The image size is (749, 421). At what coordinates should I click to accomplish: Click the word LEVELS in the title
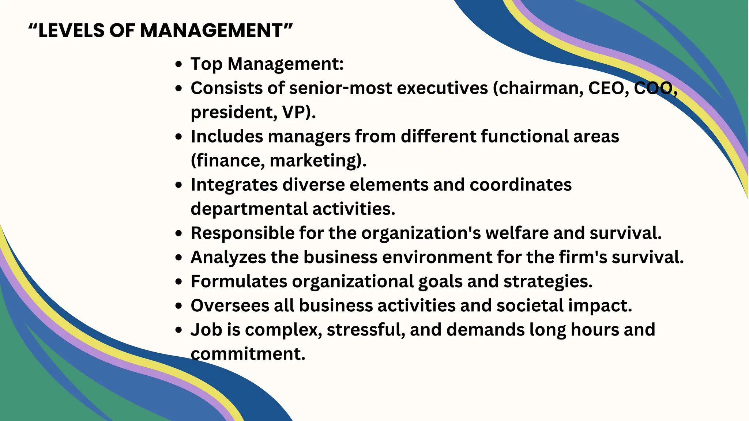point(71,30)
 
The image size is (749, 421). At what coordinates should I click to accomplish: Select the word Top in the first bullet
point(206,64)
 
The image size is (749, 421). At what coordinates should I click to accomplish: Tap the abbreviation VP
point(296,112)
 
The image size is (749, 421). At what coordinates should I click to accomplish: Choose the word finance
point(230,161)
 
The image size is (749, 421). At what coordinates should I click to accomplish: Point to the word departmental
point(249,209)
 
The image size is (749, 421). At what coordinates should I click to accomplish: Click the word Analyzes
point(228,257)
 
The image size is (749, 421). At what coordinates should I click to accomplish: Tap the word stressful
point(366,330)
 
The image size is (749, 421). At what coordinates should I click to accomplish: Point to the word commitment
point(248,354)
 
